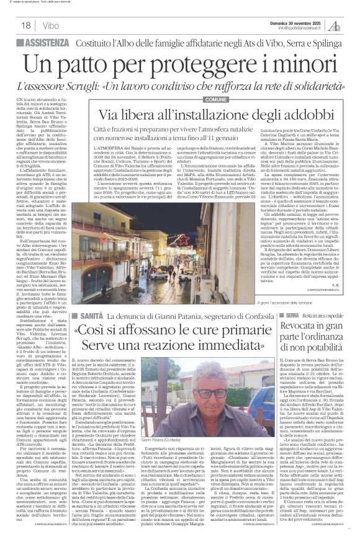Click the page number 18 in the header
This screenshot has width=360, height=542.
tap(25, 25)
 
